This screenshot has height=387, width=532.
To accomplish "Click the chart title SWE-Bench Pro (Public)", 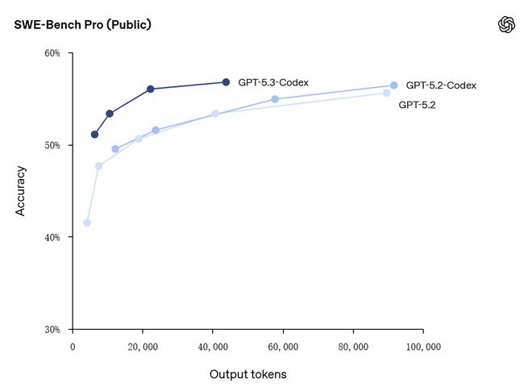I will [82, 25].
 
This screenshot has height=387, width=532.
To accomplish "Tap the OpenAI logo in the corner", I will [506, 25].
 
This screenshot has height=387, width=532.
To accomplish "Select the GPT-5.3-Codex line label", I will [273, 82].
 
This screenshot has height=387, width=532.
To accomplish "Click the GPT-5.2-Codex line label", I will [441, 85].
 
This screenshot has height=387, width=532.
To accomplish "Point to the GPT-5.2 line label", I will [417, 105].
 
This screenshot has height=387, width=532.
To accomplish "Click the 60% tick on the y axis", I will [52, 53].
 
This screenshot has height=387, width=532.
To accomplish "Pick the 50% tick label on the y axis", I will [52, 145].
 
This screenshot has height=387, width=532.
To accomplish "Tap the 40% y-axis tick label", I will [52, 237].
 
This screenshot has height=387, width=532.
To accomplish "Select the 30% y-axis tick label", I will [52, 330].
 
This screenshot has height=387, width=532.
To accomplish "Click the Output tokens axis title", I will [247, 374].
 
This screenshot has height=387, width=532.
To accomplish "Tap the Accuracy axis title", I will [21, 191].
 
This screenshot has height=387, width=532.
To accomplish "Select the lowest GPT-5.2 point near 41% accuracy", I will [87, 223].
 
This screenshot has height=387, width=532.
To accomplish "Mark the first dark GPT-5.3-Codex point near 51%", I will [94, 135].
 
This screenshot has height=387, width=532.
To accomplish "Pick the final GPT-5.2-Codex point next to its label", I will [393, 85].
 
